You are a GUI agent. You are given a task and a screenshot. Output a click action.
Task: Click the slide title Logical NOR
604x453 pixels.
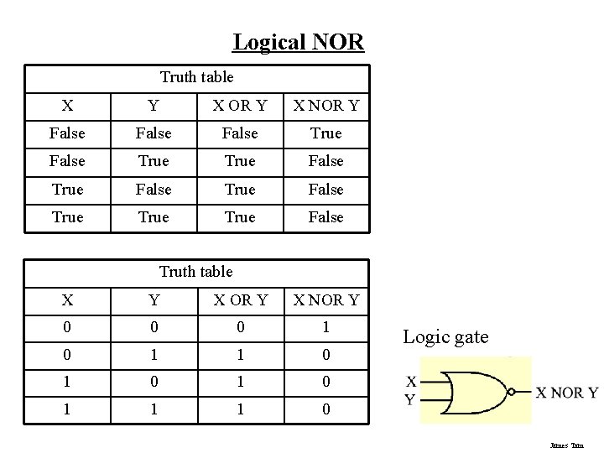click(298, 41)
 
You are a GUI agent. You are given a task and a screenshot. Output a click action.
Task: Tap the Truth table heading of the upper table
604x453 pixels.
click(196, 77)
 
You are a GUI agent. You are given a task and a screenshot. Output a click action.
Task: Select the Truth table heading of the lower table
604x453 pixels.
click(196, 271)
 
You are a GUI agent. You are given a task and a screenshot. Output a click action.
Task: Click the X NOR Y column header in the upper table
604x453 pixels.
click(325, 106)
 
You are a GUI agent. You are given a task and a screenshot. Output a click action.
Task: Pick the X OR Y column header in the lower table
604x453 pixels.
click(240, 299)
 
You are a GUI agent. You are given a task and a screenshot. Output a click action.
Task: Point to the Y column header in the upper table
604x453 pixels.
click(153, 106)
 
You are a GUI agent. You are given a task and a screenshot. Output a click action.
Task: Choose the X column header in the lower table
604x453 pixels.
click(67, 299)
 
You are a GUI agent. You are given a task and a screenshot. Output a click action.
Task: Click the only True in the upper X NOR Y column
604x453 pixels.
click(325, 133)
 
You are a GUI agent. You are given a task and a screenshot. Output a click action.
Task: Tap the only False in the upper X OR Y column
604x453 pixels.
click(240, 133)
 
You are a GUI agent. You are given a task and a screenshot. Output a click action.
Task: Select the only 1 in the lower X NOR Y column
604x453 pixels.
click(325, 327)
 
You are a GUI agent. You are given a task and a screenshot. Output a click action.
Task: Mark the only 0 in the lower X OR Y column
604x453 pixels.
click(240, 327)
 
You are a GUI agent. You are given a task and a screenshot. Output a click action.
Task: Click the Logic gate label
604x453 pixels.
click(445, 337)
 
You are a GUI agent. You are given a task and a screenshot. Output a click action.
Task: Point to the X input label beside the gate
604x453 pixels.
click(410, 382)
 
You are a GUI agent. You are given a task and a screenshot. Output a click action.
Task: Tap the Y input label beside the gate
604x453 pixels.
click(410, 399)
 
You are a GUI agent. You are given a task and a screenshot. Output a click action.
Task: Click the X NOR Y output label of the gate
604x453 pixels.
click(567, 392)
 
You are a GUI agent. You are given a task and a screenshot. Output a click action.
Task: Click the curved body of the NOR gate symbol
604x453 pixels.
click(474, 391)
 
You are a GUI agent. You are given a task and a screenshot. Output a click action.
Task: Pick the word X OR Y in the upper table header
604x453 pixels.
click(240, 106)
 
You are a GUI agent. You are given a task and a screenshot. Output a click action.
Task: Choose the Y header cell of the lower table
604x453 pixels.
click(153, 299)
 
